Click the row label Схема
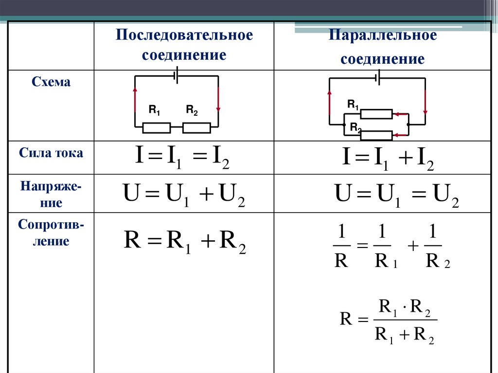[51, 82]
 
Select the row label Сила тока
[51, 153]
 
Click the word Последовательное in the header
[184, 36]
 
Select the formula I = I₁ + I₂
[388, 159]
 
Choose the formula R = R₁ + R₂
[185, 242]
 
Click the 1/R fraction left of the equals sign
[341, 248]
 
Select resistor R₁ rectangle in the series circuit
[156, 128]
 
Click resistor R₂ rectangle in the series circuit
[196, 128]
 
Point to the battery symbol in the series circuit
[176, 76]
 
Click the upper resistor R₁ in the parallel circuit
[376, 114]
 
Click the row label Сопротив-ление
[51, 232]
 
